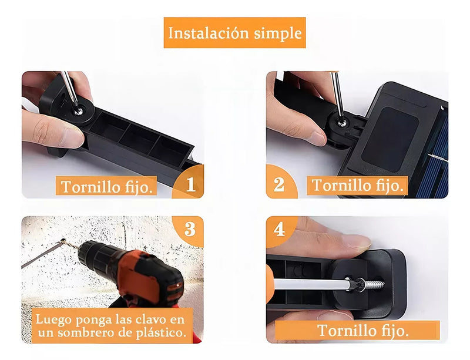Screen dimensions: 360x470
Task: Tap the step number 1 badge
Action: pyautogui.click(x=190, y=185)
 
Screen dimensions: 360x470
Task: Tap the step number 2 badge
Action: pyautogui.click(x=279, y=185)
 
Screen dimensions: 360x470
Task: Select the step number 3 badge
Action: pyautogui.click(x=190, y=229)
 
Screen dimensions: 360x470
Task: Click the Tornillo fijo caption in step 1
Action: pyautogui.click(x=108, y=187)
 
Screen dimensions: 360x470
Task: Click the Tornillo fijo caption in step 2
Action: pyautogui.click(x=358, y=186)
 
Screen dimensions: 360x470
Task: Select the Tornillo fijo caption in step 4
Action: pyautogui.click(x=364, y=330)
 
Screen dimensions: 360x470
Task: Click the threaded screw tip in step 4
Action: pyautogui.click(x=371, y=284)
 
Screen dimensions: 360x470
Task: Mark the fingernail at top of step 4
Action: pyautogui.click(x=356, y=241)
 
